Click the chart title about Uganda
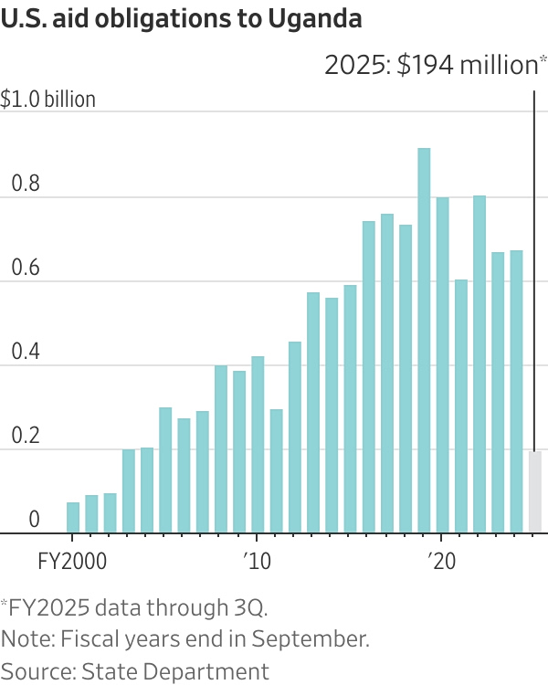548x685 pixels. tap(182, 18)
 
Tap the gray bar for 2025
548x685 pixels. tap(535, 492)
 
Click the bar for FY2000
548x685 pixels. tap(73, 518)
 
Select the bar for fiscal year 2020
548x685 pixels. tap(442, 365)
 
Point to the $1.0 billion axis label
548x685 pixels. tap(48, 100)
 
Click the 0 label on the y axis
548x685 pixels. tap(34, 520)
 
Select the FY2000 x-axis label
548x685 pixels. tap(73, 559)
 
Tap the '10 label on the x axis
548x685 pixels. tap(257, 559)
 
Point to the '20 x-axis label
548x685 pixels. tap(441, 559)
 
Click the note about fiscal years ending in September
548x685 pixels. tap(185, 638)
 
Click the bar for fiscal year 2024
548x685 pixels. tap(516, 392)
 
